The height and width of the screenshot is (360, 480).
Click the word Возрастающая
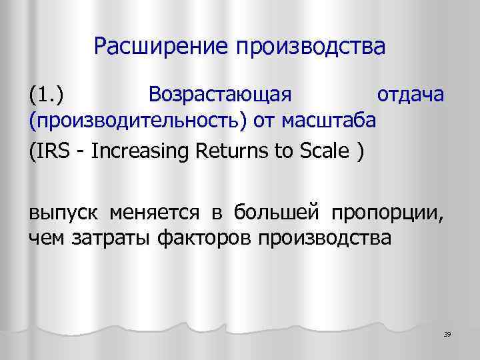(x=221, y=96)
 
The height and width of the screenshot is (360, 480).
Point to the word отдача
(x=410, y=95)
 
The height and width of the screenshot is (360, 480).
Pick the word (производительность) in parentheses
(x=138, y=121)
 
